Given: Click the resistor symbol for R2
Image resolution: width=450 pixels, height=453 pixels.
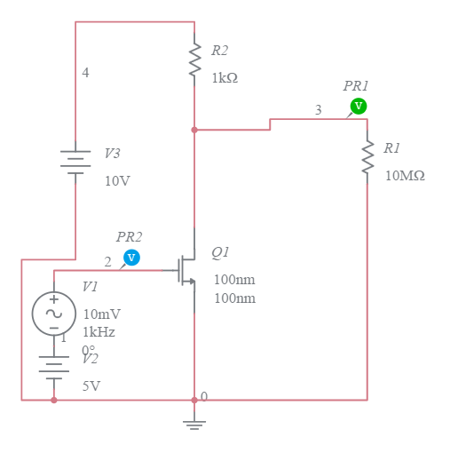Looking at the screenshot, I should pos(193,61).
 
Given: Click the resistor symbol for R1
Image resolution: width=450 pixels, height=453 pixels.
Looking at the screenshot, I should pos(367,158).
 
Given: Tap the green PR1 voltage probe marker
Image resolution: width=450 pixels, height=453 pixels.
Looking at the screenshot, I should pos(358,107).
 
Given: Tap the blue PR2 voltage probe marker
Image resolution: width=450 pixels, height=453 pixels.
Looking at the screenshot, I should pos(131,258).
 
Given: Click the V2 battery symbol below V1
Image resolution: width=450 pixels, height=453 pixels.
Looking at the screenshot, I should pos(53,367).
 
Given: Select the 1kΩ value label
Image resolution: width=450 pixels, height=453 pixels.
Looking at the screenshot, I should pos(224,78).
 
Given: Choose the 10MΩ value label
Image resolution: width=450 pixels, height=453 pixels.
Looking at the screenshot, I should pos(405,176).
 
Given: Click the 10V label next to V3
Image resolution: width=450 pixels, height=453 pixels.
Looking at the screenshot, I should pos(117,181).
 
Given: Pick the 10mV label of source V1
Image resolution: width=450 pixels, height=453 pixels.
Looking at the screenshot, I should pos(101,314).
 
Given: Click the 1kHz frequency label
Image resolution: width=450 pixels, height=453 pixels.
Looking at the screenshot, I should pos(99,332).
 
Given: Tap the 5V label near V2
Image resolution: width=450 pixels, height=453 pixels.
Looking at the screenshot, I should pos(91,386).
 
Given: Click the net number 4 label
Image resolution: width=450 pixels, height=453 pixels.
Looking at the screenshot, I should pos(85,73).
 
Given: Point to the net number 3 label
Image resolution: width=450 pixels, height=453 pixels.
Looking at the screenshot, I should pos(318,110).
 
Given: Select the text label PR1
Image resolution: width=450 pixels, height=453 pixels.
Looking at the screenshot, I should pos(356,86).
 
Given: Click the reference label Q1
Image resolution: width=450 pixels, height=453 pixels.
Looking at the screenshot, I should pos(220,252).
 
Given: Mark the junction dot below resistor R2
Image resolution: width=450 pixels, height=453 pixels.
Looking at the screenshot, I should pos(193,130).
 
